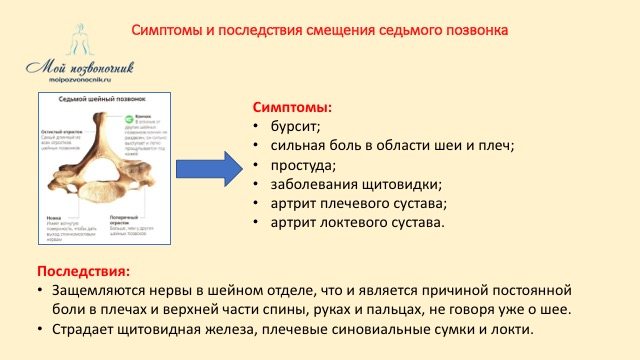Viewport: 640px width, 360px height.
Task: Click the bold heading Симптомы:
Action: (292, 106)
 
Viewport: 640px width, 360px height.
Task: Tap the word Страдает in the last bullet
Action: (85, 330)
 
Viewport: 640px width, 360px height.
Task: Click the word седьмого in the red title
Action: (410, 30)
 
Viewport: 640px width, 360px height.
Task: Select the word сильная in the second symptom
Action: (299, 145)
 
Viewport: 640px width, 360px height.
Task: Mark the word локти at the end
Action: (514, 330)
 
